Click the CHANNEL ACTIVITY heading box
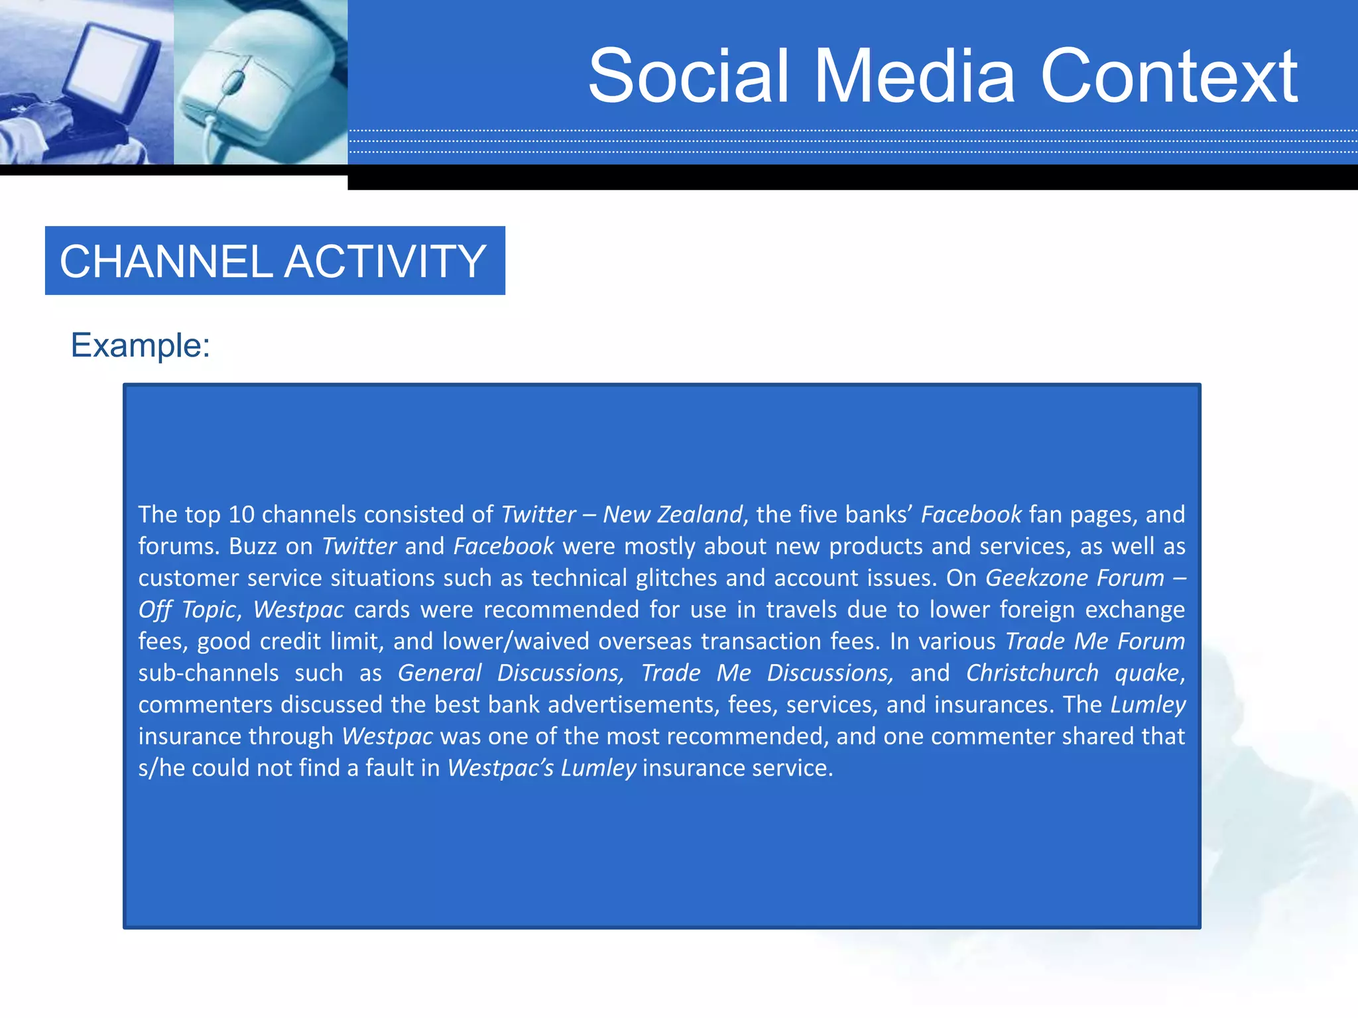tap(275, 260)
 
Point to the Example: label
tap(141, 345)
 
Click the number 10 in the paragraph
tap(241, 515)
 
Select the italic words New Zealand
tap(672, 515)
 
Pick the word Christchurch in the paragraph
tap(1032, 673)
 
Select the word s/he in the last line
tap(162, 768)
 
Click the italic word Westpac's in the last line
tap(501, 768)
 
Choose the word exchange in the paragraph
tap(1135, 610)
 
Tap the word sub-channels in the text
tap(209, 673)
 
